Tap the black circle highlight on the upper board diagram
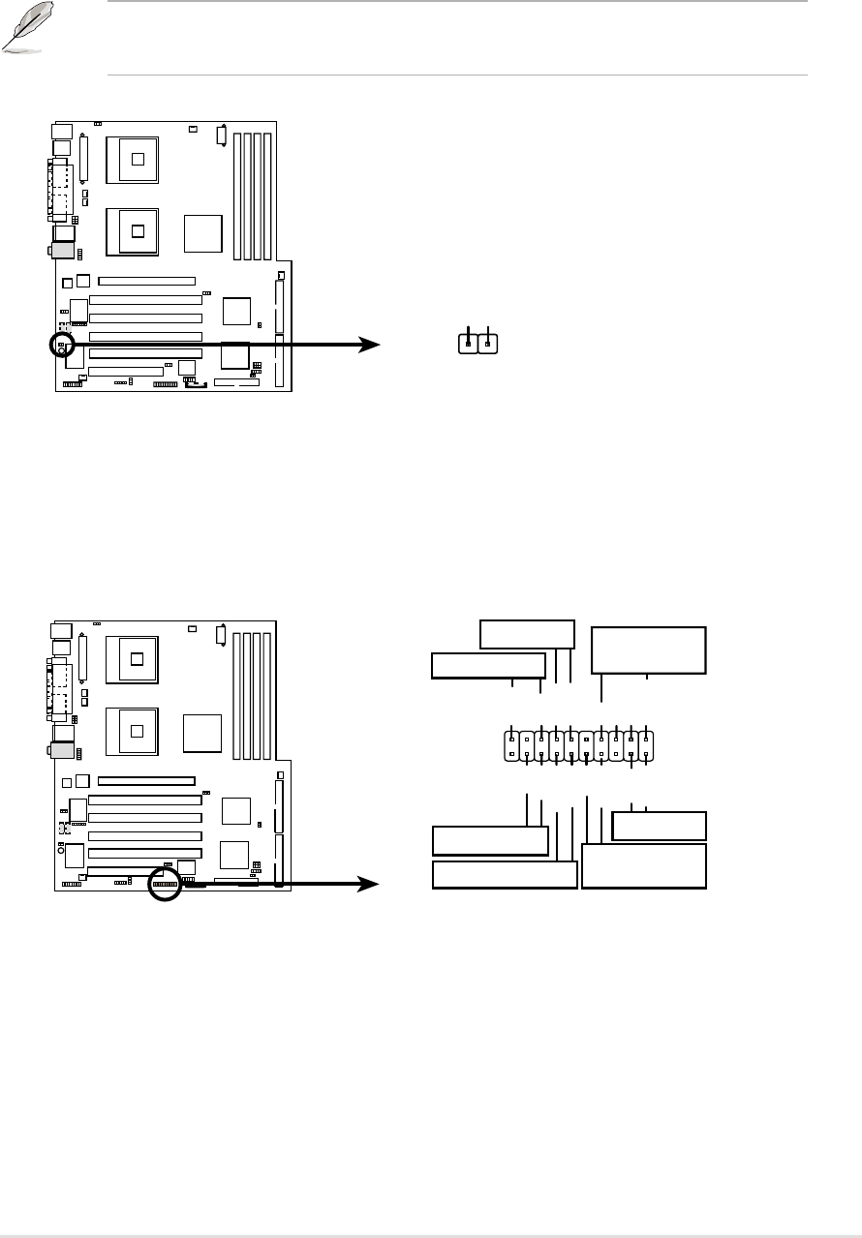point(60,344)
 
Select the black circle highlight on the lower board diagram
point(166,884)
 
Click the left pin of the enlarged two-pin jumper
point(469,343)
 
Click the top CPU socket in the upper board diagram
point(138,157)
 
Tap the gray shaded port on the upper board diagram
point(64,250)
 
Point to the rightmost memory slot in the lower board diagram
point(268,689)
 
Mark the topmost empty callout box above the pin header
point(527,634)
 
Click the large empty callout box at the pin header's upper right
point(649,649)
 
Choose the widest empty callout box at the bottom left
point(504,874)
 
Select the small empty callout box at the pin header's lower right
point(661,826)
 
